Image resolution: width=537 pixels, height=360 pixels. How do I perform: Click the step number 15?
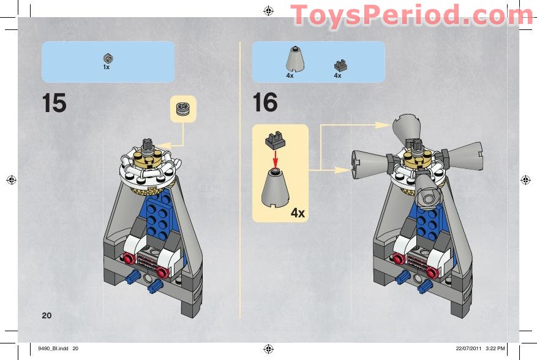pos(54,103)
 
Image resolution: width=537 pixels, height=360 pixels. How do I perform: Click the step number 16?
pos(265,102)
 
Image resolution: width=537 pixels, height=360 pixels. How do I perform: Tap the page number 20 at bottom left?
pos(47,315)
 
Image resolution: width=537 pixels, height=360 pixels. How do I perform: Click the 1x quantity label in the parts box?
pos(106,67)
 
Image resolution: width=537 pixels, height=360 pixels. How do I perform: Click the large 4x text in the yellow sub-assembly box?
pos(298,213)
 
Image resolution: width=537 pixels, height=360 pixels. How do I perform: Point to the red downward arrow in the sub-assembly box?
pos(275,158)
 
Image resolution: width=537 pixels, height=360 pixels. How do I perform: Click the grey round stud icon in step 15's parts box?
pos(108,58)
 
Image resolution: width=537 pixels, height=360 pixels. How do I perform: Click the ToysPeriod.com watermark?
pos(412,15)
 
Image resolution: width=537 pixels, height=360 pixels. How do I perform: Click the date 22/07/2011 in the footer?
pos(470,349)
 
